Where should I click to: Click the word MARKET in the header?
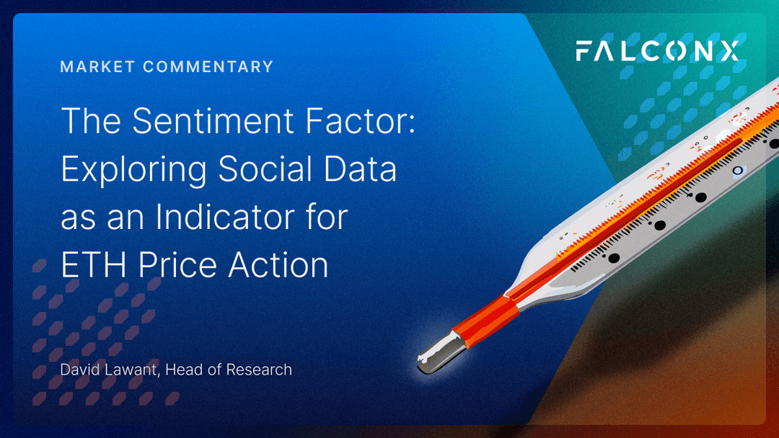pyautogui.click(x=97, y=66)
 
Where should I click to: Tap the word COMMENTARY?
pyautogui.click(x=208, y=66)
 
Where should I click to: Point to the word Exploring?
pyautogui.click(x=134, y=169)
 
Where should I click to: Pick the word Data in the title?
pyautogui.click(x=361, y=169)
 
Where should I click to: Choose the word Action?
pyautogui.click(x=278, y=264)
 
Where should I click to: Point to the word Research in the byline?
pyautogui.click(x=260, y=370)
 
